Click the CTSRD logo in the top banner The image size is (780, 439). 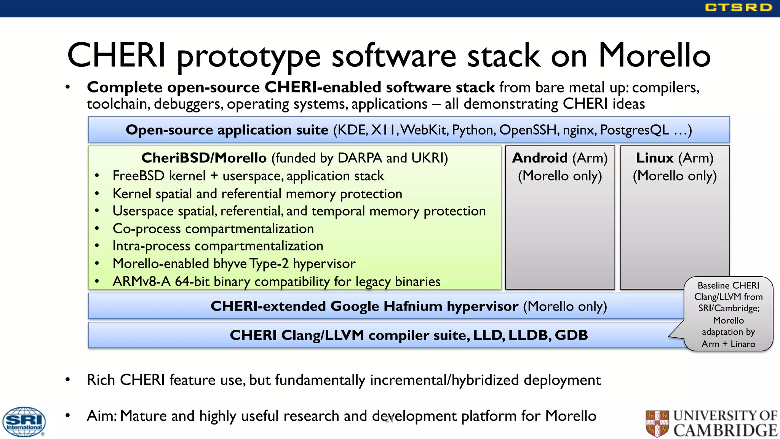[738, 8]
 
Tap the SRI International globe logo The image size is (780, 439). [24, 421]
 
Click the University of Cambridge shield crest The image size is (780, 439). [657, 423]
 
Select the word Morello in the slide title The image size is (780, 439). [654, 56]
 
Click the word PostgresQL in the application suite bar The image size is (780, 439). [634, 130]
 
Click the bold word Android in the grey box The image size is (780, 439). [540, 158]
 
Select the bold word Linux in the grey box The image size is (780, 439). [655, 158]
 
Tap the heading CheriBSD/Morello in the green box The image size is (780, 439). [204, 158]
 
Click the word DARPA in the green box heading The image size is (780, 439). [360, 158]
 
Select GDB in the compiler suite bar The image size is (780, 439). [571, 335]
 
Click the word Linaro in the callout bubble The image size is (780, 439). [743, 344]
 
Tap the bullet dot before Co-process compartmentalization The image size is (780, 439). [97, 229]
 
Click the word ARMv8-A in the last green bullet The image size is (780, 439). [141, 282]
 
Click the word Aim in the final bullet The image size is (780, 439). [101, 416]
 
